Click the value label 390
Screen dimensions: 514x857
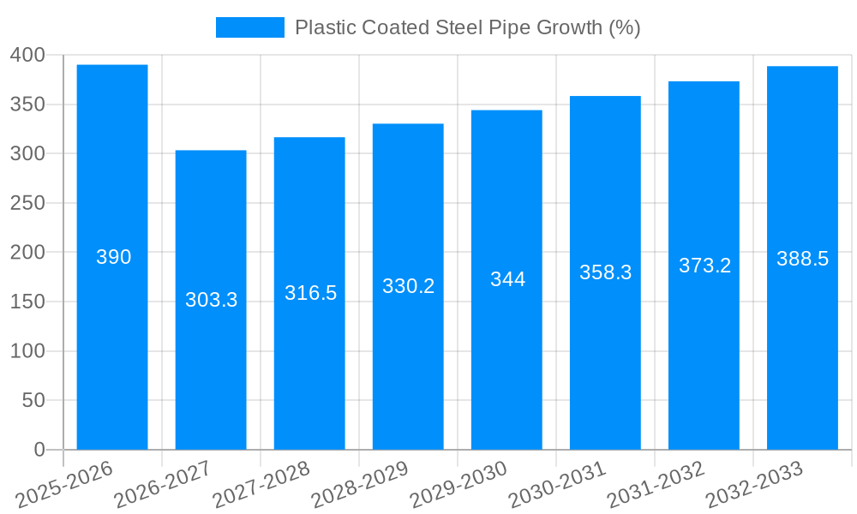click(x=113, y=257)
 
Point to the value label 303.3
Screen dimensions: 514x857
click(x=211, y=300)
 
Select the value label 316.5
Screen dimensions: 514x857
click(x=310, y=293)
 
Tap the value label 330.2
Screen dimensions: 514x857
click(x=408, y=286)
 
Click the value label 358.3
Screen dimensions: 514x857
click(x=605, y=272)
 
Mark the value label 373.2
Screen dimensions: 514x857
click(x=704, y=266)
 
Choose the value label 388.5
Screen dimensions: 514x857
click(x=802, y=259)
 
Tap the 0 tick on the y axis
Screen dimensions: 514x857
click(x=39, y=450)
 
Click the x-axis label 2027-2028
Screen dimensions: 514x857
click(x=261, y=484)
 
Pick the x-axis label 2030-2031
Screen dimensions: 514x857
click(x=557, y=484)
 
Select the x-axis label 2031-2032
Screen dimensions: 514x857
click(x=656, y=484)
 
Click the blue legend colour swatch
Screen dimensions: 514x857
click(x=249, y=27)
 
